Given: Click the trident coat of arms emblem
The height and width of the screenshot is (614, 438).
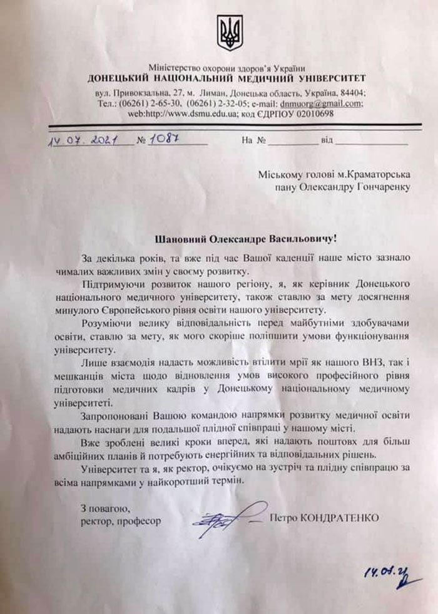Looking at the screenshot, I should [x=230, y=33].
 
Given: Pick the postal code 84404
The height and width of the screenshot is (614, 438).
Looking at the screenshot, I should [x=350, y=93].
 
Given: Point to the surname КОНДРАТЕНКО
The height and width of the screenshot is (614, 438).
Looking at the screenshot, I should [x=342, y=518].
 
